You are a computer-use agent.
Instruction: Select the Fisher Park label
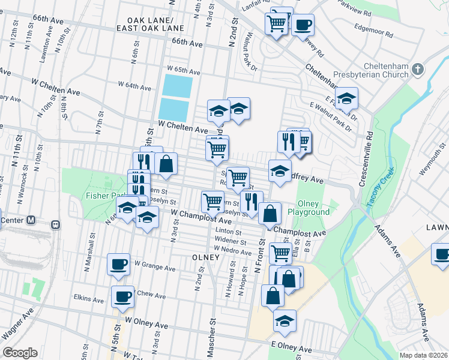[x=100, y=196]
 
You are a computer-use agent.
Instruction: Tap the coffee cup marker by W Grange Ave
[x=118, y=263]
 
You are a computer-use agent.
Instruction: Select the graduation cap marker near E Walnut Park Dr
[x=346, y=98]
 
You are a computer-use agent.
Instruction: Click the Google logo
[x=20, y=353]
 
